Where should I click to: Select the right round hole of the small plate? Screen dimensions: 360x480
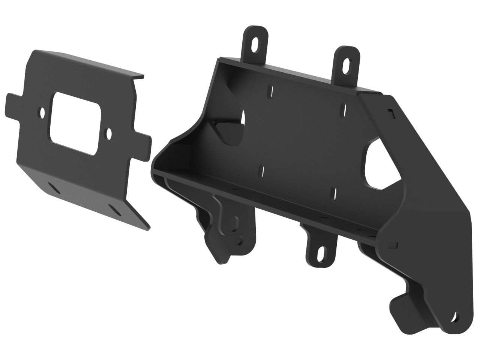[109, 132]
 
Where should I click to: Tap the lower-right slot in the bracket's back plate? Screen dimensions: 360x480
[335, 192]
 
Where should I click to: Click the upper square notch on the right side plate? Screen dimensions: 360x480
[391, 111]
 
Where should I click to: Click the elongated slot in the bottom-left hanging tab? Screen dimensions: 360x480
[237, 222]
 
